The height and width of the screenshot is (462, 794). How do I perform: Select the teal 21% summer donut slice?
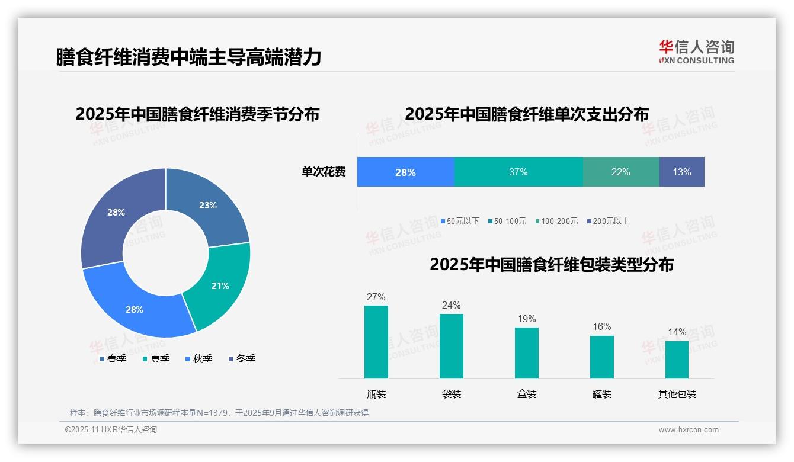pyautogui.click(x=219, y=285)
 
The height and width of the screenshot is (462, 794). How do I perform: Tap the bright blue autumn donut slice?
pyautogui.click(x=135, y=309)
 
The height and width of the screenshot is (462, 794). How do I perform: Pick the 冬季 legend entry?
pyautogui.click(x=242, y=358)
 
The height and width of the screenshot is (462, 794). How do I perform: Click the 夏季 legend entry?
pyautogui.click(x=156, y=358)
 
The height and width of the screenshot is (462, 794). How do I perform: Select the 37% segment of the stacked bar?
pyautogui.click(x=518, y=172)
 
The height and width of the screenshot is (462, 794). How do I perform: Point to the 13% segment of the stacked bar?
pyautogui.click(x=681, y=172)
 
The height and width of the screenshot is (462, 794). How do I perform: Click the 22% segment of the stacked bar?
pyautogui.click(x=620, y=172)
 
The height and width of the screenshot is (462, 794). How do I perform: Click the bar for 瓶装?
pyautogui.click(x=376, y=342)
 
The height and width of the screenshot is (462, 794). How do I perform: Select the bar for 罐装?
pyautogui.click(x=601, y=357)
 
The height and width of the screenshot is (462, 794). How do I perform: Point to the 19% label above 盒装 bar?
pyautogui.click(x=526, y=319)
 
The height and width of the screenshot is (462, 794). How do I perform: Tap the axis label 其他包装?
pyautogui.click(x=677, y=394)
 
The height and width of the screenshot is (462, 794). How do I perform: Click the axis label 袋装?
pyautogui.click(x=451, y=394)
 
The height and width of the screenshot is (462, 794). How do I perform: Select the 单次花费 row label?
pyautogui.click(x=324, y=172)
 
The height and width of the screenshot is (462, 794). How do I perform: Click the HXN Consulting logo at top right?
pyautogui.click(x=696, y=52)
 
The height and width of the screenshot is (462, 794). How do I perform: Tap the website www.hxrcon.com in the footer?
pyautogui.click(x=688, y=430)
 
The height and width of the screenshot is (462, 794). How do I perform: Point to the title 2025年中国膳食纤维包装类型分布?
pyautogui.click(x=551, y=265)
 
